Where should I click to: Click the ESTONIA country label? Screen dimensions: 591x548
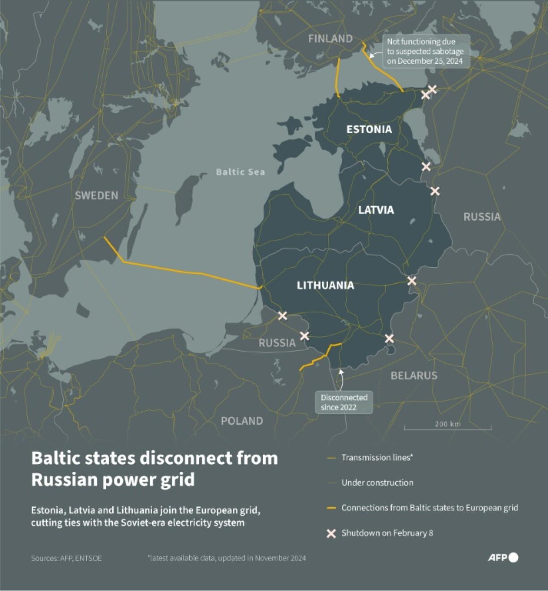click(x=369, y=129)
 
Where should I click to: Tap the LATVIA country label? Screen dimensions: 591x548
click(x=376, y=210)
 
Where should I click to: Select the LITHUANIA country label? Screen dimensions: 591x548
click(x=325, y=285)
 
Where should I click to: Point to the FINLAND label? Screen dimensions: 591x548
click(x=330, y=39)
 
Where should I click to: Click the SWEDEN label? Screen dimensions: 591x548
click(x=96, y=196)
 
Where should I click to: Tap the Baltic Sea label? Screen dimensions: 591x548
click(x=240, y=172)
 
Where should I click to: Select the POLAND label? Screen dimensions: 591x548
click(x=242, y=421)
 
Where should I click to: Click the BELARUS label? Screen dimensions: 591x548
click(x=414, y=376)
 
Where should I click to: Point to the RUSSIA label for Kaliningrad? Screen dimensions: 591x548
click(x=277, y=343)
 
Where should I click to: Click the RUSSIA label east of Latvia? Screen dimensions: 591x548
click(x=482, y=217)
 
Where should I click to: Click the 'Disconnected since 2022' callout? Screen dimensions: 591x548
click(x=344, y=402)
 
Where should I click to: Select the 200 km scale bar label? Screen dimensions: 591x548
click(x=447, y=424)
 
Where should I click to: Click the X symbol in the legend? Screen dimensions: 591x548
click(x=331, y=533)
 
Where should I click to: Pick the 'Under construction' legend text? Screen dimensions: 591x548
click(x=377, y=483)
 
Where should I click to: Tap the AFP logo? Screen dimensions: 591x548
click(x=502, y=557)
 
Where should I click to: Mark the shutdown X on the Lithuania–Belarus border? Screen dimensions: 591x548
click(x=390, y=339)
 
